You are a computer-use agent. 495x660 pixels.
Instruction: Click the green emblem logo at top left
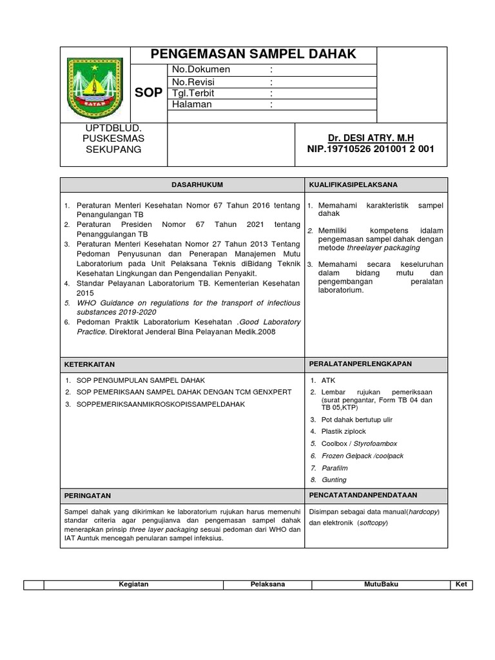(x=95, y=84)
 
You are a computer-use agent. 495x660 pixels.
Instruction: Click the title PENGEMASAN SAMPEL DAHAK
(x=253, y=54)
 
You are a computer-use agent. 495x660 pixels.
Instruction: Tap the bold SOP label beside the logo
(x=149, y=93)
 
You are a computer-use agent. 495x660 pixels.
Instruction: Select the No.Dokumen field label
(x=200, y=70)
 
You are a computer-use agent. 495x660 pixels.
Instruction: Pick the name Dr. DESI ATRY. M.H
(x=370, y=139)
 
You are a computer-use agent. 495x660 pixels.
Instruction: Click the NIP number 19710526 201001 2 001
(x=370, y=149)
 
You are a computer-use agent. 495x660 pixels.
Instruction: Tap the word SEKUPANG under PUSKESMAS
(x=113, y=150)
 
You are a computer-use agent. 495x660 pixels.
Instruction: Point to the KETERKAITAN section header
(x=90, y=364)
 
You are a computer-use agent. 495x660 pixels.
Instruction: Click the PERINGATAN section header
(x=88, y=496)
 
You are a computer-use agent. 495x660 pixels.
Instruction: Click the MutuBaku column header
(x=380, y=584)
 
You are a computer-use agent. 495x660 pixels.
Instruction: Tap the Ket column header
(x=461, y=584)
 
